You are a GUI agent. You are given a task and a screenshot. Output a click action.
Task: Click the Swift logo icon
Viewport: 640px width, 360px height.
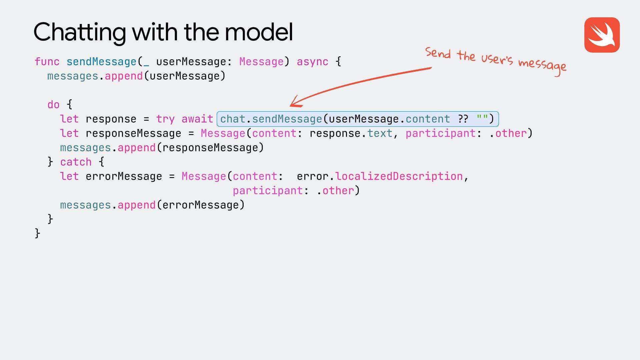[x=602, y=35]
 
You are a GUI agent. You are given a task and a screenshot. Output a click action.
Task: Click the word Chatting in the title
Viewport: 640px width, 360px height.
[x=80, y=33]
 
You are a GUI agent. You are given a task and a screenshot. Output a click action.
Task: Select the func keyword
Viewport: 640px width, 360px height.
[x=47, y=62]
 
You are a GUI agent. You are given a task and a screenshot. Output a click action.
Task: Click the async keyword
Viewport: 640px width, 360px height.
[x=312, y=62]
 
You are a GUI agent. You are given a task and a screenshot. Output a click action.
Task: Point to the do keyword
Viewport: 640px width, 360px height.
[x=53, y=105]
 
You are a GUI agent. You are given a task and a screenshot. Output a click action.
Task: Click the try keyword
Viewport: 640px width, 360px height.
[x=165, y=119]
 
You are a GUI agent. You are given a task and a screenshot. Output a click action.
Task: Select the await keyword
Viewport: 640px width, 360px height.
[x=197, y=119]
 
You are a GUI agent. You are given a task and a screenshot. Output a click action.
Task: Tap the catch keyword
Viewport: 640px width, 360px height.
[x=76, y=162]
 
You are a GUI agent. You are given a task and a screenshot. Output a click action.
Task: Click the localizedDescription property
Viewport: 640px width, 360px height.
[x=399, y=176]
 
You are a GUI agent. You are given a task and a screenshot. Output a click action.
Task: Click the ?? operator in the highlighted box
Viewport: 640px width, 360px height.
[x=463, y=119]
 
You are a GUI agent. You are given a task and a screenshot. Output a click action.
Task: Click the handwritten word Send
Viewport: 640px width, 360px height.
[x=438, y=53]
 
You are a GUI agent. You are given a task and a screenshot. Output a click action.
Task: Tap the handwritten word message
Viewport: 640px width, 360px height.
[x=542, y=65]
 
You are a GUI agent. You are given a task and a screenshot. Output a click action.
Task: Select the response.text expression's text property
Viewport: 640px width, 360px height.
[x=380, y=133]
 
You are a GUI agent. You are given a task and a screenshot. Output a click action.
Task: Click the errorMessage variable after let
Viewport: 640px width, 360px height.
[x=124, y=176]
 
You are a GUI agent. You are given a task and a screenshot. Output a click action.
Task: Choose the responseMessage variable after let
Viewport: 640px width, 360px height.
[x=133, y=133]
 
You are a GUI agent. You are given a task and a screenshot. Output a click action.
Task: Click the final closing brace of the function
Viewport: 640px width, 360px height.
[x=37, y=233]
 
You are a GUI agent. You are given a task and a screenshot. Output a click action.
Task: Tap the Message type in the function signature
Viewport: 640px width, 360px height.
[x=261, y=62]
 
